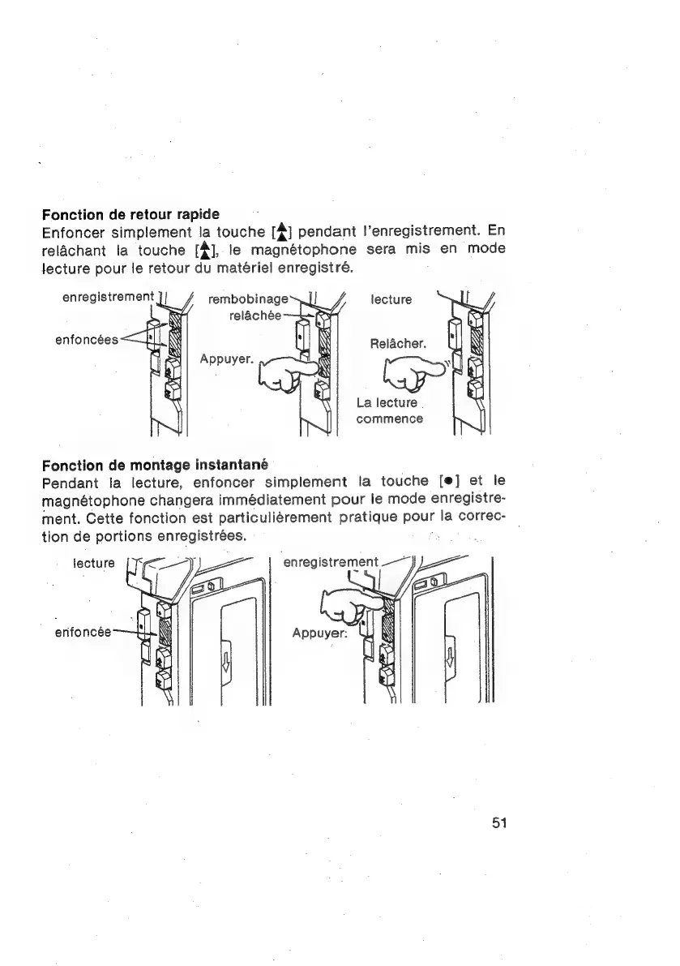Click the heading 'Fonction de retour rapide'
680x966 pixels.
click(130, 214)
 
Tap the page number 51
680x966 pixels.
click(498, 823)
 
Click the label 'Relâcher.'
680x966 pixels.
click(397, 343)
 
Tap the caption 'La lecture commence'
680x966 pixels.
click(389, 411)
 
